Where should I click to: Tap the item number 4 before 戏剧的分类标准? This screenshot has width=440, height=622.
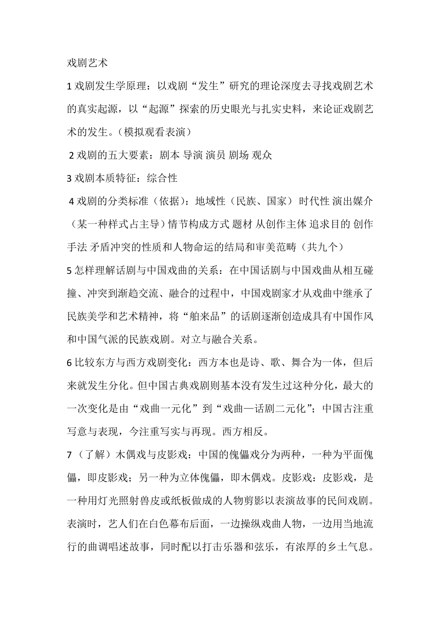pos(71,201)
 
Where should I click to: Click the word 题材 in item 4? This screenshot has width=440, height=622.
pos(243,224)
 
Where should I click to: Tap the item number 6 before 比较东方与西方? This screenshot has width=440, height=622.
pos(69,363)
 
